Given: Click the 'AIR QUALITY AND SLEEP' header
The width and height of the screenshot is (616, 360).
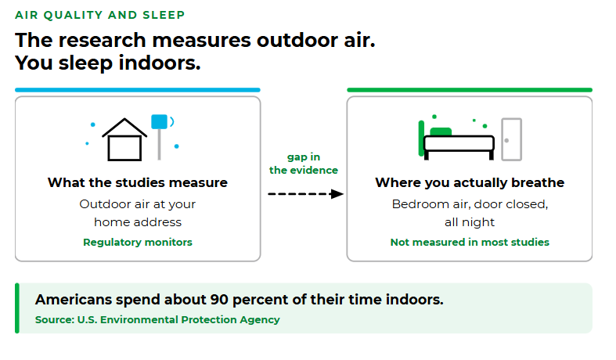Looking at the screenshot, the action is coord(99,15).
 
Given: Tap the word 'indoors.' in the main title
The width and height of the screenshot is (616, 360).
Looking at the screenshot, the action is coord(160,63).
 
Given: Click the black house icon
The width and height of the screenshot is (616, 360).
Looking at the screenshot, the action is coord(124,139).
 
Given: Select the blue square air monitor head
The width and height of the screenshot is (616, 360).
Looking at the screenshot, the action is coord(159,121).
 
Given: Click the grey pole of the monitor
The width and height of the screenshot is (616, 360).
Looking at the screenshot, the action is coord(159,144).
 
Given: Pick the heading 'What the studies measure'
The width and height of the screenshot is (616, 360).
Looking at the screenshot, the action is coord(138,182).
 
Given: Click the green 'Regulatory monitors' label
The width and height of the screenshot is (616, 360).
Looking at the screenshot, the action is coord(138,242).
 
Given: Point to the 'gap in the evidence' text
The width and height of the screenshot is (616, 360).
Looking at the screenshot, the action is coord(303,164).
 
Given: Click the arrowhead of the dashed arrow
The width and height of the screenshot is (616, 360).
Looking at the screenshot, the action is coord(337,194).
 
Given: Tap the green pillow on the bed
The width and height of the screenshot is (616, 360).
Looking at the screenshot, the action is coord(441,131).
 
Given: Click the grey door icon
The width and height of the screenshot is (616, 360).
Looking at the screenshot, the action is coord(511,139).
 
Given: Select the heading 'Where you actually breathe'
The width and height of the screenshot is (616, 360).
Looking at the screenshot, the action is coord(470,182).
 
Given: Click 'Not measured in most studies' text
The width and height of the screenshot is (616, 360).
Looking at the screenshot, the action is coord(470,242).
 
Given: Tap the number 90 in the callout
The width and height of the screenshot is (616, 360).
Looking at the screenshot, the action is coord(219,300).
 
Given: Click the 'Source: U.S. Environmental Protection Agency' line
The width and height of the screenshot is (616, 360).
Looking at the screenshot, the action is coord(157,319).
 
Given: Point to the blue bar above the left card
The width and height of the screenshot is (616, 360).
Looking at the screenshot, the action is coord(138,90).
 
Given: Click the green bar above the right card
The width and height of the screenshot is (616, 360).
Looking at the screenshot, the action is coord(470,90).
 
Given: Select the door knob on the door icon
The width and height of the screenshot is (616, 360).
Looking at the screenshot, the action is coord(506,140).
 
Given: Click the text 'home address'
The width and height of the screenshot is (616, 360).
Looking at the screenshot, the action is coord(138,222).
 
